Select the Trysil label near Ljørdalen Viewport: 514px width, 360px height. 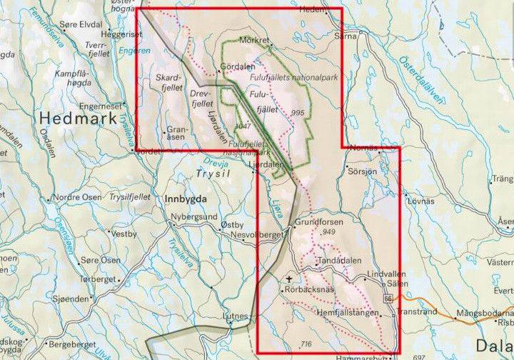[x=210, y=174]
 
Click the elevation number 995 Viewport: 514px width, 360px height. [x=298, y=114]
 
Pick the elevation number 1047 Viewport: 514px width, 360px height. [x=243, y=126]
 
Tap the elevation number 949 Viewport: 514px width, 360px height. [x=328, y=233]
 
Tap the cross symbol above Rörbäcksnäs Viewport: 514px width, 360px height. [x=289, y=279]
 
